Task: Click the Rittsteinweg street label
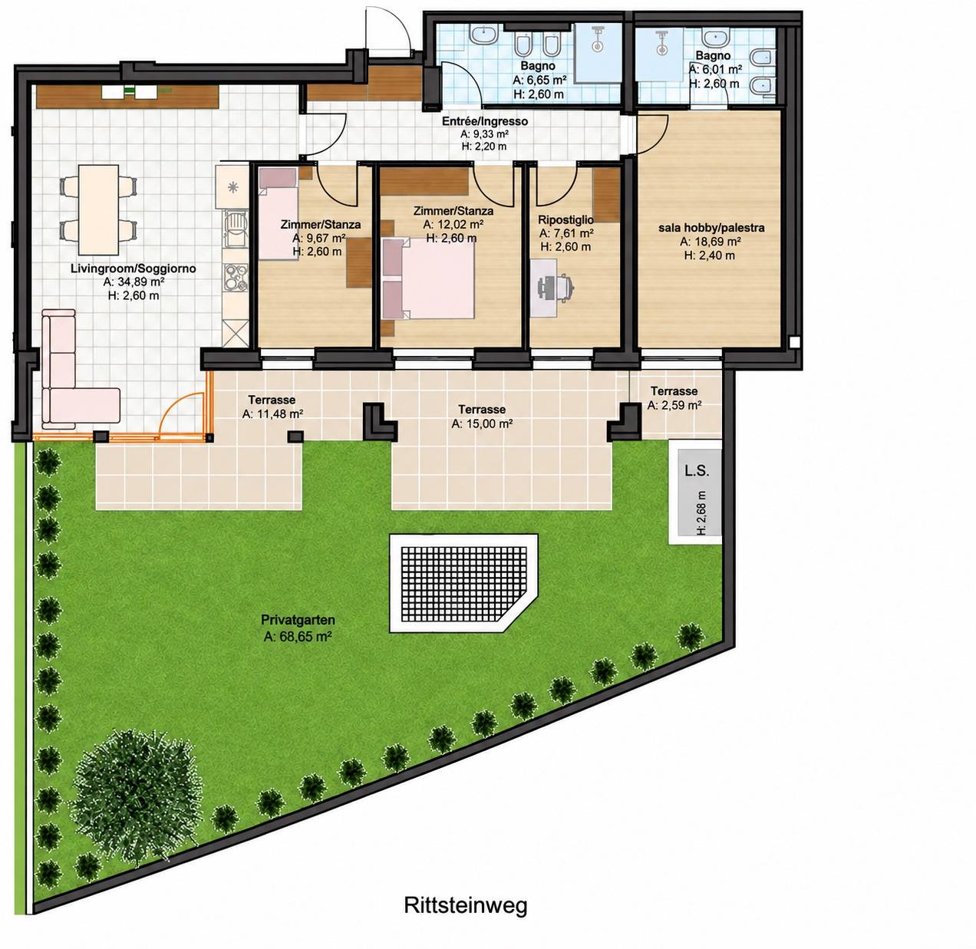(466, 905)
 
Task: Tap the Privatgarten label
(298, 620)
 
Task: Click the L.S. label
(697, 471)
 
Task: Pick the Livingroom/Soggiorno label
(133, 269)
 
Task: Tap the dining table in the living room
(98, 209)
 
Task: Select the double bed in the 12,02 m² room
(427, 278)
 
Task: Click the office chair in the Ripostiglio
(557, 286)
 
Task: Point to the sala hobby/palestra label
(711, 228)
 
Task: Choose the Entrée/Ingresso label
(484, 121)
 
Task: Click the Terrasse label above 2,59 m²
(674, 390)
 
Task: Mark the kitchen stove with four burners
(236, 277)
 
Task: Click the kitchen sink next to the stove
(236, 228)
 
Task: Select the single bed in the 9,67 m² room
(279, 214)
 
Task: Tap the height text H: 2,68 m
(701, 512)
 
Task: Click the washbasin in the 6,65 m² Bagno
(483, 35)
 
